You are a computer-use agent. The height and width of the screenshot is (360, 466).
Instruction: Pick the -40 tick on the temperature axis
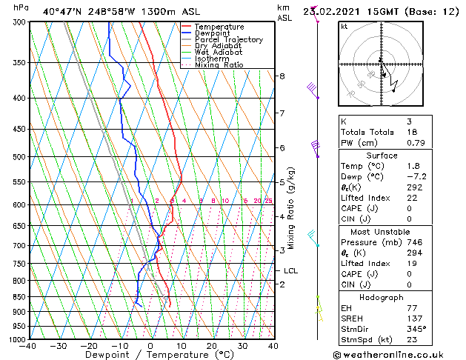[28, 346]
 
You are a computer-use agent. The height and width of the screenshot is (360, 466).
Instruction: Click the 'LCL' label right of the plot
[290, 271]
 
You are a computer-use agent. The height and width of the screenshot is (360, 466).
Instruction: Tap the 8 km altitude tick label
[282, 76]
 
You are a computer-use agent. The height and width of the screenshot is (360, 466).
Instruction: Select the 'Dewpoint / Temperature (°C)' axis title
[150, 355]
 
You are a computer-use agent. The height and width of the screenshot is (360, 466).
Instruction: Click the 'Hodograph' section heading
[382, 296]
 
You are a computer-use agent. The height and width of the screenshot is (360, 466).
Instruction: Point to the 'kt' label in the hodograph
[344, 27]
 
